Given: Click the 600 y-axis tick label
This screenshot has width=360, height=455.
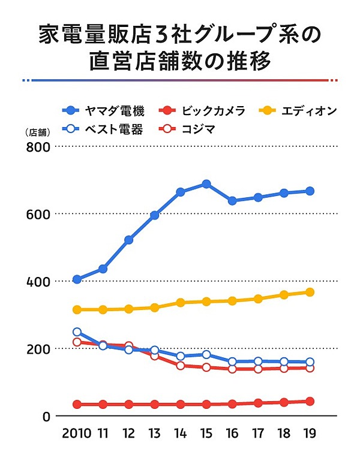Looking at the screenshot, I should pyautogui.click(x=37, y=214).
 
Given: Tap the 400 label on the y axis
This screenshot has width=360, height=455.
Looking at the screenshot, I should pyautogui.click(x=37, y=281).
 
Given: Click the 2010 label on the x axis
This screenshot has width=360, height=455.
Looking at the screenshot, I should pyautogui.click(x=76, y=433).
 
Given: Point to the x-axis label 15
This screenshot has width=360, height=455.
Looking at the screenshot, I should pyautogui.click(x=206, y=433).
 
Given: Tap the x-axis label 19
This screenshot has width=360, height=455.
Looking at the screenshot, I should pyautogui.click(x=310, y=433).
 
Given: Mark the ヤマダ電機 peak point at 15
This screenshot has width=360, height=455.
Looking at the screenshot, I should pyautogui.click(x=206, y=184).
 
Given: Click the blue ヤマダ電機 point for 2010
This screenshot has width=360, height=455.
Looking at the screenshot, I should pyautogui.click(x=77, y=279).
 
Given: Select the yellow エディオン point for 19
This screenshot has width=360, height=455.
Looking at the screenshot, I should pyautogui.click(x=310, y=292).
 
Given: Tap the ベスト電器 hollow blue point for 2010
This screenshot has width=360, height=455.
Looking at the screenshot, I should pyautogui.click(x=77, y=332).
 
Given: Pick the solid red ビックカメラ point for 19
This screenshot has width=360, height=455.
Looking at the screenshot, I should pyautogui.click(x=310, y=401).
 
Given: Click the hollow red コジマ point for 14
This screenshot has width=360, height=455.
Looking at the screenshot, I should pyautogui.click(x=180, y=365).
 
